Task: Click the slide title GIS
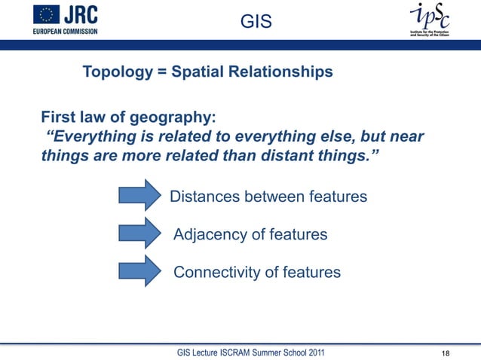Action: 256,24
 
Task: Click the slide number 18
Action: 446,353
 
